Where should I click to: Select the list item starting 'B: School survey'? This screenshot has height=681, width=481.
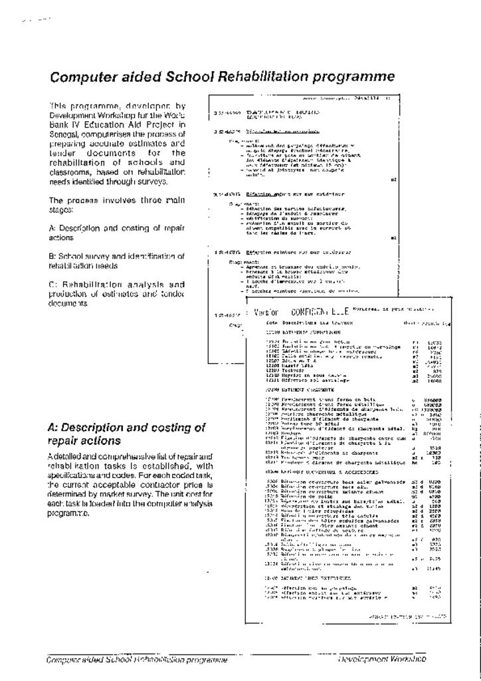pos(116,260)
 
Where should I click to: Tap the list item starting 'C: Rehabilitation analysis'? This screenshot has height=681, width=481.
pos(116,293)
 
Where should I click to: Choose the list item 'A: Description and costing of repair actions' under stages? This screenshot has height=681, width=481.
pos(116,232)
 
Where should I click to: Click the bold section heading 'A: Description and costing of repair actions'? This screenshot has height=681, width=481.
pos(126,434)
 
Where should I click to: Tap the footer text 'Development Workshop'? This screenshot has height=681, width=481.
pos(381,659)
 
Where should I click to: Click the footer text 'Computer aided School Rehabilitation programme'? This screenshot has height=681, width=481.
pos(137,660)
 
